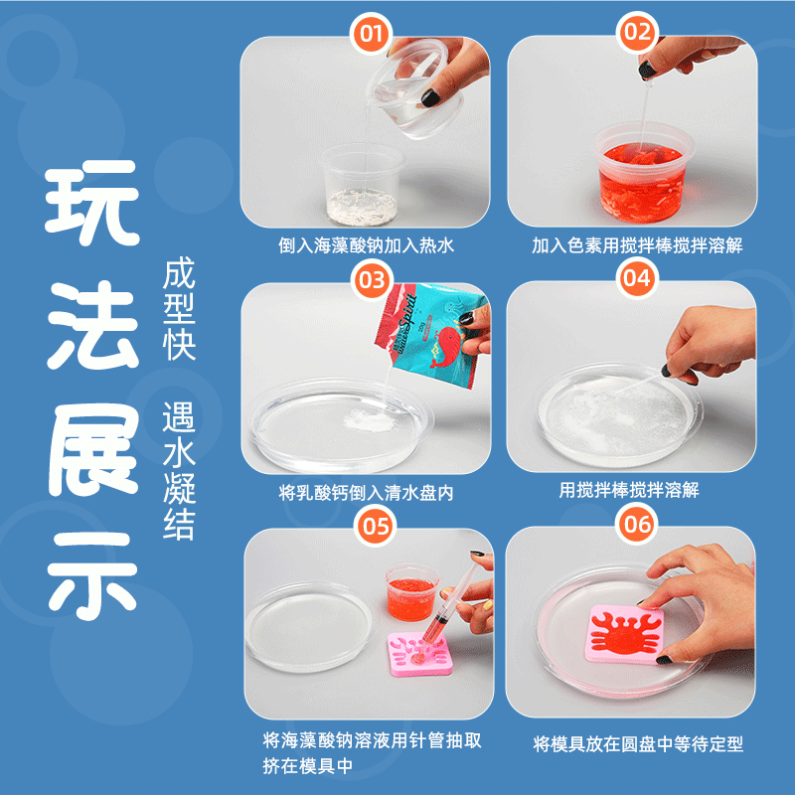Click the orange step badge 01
coord(371,34)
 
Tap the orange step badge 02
coord(637,33)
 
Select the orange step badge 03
coord(372,280)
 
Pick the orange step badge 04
coord(637,278)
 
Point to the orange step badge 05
coord(376,527)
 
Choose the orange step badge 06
coord(637,525)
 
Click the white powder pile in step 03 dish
coord(370,419)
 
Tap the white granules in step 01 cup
coord(361,207)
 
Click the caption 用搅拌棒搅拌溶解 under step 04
coord(629,490)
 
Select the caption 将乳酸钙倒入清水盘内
coord(366,492)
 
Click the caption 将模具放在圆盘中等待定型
coord(638,744)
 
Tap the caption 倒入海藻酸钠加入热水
coord(366,245)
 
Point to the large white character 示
coord(92,575)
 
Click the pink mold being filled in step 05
coord(419,654)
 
